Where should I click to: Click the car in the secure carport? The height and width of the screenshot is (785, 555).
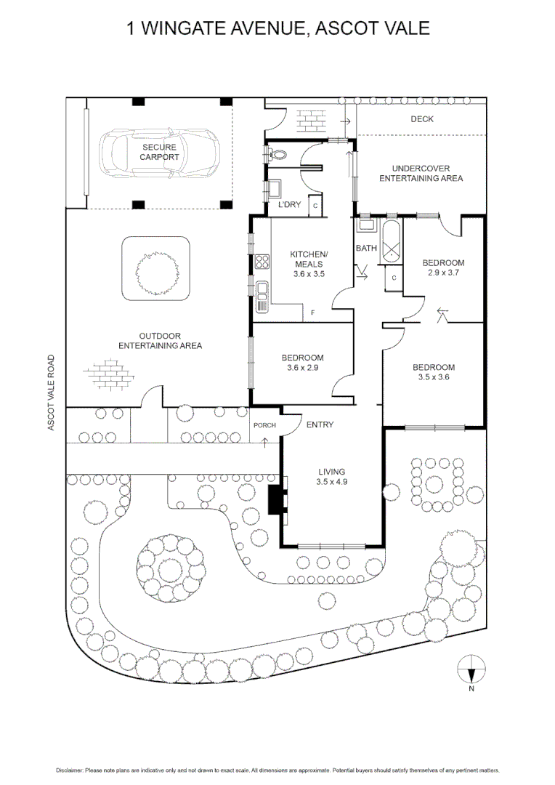point(159,152)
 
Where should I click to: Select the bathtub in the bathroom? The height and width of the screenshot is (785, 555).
point(391,241)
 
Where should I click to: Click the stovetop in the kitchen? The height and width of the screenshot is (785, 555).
point(262,262)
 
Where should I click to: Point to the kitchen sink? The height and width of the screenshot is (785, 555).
point(262,297)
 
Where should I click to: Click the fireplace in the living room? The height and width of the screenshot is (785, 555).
point(275,499)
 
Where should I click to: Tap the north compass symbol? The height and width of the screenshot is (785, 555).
point(471,669)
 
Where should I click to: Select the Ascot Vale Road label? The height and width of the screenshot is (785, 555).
point(51,392)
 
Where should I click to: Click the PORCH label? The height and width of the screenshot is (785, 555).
point(264,425)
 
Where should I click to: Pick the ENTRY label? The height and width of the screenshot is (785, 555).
point(320,424)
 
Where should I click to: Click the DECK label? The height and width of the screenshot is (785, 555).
point(422,119)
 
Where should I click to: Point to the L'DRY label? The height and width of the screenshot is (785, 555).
point(289,204)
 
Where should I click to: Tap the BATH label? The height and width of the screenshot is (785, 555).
point(366,248)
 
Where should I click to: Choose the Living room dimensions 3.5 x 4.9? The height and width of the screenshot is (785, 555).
point(331,482)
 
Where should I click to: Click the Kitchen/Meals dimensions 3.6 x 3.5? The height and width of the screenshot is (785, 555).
point(309,274)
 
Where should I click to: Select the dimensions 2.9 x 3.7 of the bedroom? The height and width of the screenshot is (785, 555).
point(443,273)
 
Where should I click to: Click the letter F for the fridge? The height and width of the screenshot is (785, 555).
point(313,313)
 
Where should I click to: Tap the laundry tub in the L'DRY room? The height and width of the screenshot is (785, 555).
point(274,189)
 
